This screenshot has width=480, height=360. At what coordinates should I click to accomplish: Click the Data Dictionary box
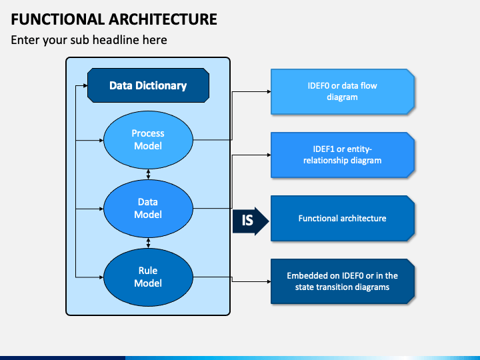[148, 85]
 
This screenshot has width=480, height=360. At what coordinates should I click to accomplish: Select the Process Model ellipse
[148, 140]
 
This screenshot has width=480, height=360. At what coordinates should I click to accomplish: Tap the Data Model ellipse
[148, 209]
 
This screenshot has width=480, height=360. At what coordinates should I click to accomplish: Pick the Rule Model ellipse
[148, 277]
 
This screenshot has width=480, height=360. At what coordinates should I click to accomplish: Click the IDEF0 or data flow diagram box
[343, 91]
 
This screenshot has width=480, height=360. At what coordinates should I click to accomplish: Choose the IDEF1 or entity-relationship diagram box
[343, 155]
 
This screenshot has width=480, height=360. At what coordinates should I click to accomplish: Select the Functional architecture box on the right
[343, 218]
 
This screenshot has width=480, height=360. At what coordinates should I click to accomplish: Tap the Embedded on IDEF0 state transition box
[343, 281]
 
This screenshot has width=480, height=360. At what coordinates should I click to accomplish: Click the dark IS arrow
[251, 221]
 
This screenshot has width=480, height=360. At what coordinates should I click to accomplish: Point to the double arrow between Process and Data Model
[148, 174]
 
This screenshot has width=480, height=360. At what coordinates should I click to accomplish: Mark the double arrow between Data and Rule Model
[148, 243]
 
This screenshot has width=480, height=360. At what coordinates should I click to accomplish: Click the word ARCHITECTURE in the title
[163, 19]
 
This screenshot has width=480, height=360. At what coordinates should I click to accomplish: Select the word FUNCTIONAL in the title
[58, 19]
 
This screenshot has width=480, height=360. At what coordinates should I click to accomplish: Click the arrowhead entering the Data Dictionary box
[85, 86]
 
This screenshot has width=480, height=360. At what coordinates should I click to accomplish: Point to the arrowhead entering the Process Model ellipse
[101, 140]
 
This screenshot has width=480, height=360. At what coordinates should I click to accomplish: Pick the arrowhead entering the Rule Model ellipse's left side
[101, 277]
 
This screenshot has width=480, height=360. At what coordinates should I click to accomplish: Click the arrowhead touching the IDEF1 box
[269, 155]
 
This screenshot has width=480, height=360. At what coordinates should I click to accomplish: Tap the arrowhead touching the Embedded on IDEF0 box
[269, 281]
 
